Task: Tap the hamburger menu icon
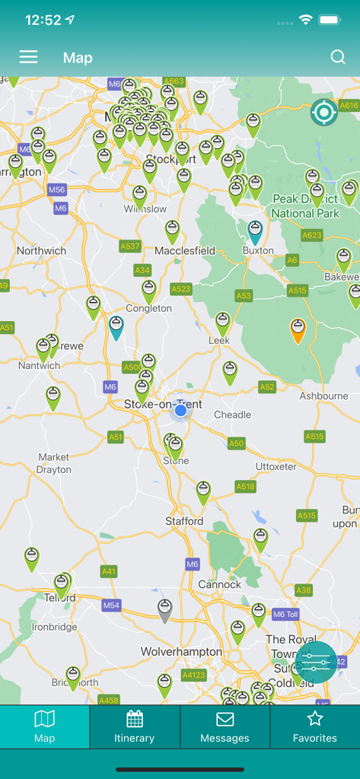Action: tap(28, 57)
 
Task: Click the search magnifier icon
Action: tap(338, 57)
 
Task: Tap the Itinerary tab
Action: tap(135, 727)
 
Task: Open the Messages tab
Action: tap(225, 727)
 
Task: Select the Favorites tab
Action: tap(315, 727)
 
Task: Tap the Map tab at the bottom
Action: tap(45, 727)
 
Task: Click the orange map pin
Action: tap(298, 329)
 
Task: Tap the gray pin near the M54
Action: tap(164, 609)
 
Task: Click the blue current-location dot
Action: tap(180, 411)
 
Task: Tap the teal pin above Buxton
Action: tap(256, 231)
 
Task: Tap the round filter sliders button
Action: tap(316, 663)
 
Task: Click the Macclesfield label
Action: tap(185, 250)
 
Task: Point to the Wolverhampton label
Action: tap(181, 652)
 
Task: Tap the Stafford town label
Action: tap(184, 521)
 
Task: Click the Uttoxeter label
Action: tap(275, 466)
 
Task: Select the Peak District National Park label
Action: tap(305, 207)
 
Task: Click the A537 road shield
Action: tap(130, 246)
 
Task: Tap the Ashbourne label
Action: tap(323, 396)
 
